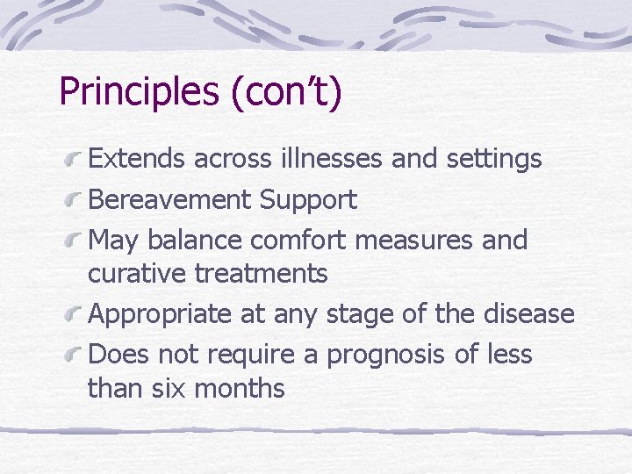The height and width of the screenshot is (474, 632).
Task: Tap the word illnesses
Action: click(x=327, y=160)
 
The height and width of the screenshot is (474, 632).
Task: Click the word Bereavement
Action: click(x=170, y=200)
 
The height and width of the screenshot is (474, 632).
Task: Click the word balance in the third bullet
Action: click(x=195, y=240)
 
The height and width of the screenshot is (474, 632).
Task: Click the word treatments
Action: click(x=261, y=274)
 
